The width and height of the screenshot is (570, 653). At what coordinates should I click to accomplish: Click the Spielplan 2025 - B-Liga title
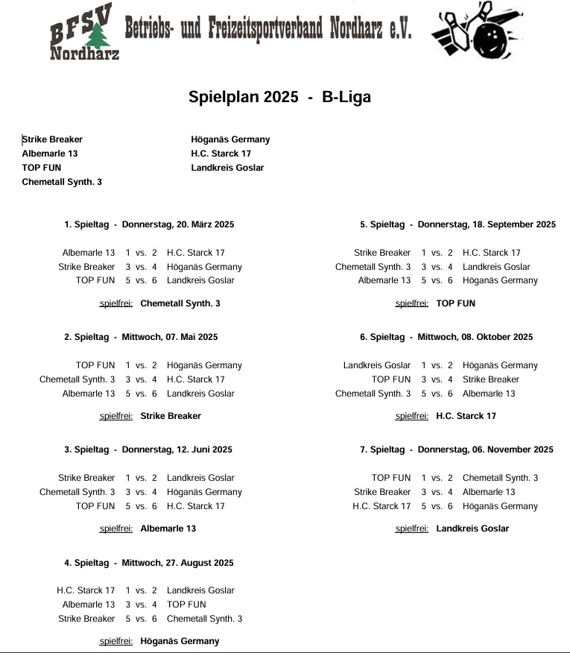pyautogui.click(x=279, y=97)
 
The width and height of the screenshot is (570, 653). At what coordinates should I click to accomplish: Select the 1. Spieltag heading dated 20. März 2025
pyautogui.click(x=149, y=224)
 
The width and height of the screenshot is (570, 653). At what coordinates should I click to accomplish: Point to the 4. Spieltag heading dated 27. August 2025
pyautogui.click(x=149, y=563)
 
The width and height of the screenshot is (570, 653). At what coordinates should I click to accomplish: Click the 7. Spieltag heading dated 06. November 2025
pyautogui.click(x=457, y=449)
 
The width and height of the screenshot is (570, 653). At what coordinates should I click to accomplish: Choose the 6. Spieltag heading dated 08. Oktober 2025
pyautogui.click(x=446, y=337)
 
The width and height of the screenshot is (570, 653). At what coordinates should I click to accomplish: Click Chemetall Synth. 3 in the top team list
pyautogui.click(x=62, y=182)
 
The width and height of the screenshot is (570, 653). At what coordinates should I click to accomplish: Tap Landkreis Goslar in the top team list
pyautogui.click(x=227, y=168)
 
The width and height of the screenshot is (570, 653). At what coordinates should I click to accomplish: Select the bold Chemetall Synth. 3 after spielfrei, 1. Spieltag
pyautogui.click(x=180, y=303)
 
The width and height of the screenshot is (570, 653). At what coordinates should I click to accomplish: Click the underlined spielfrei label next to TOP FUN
pyautogui.click(x=412, y=303)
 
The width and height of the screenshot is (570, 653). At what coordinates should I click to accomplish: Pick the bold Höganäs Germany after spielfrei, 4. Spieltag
pyautogui.click(x=180, y=641)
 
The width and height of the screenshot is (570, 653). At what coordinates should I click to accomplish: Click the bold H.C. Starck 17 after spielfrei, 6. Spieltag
pyautogui.click(x=466, y=416)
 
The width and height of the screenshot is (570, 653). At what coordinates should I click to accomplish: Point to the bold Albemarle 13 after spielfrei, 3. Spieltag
pyautogui.click(x=168, y=529)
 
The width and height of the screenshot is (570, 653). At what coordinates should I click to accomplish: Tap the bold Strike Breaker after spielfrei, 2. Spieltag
pyautogui.click(x=171, y=416)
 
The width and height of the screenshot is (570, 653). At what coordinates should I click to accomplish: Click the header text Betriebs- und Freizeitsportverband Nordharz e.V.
pyautogui.click(x=267, y=29)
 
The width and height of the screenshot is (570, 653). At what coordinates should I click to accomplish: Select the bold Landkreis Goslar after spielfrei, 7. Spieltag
pyautogui.click(x=472, y=529)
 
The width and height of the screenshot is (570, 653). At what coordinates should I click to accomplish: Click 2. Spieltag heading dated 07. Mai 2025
pyautogui.click(x=141, y=337)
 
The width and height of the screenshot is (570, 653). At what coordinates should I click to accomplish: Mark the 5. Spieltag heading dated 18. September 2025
pyautogui.click(x=457, y=224)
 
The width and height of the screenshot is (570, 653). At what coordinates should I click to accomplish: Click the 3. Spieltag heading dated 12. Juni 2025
pyautogui.click(x=148, y=449)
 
